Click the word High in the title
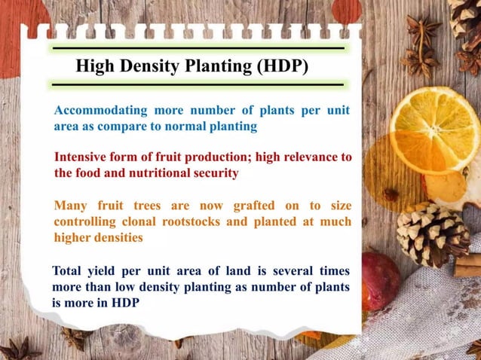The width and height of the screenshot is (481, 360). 95,66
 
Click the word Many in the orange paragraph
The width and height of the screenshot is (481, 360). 71,206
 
